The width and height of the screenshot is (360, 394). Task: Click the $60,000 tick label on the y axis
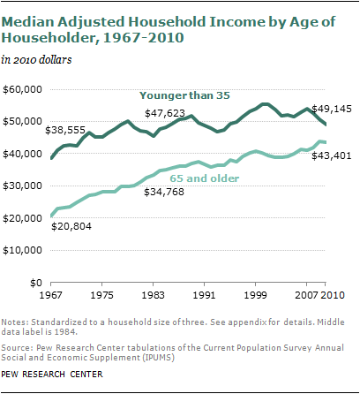point(22,89)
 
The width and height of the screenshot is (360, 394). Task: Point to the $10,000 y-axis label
point(22,250)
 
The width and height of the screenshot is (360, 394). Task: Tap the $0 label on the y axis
point(36,283)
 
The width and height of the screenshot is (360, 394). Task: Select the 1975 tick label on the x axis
point(101,295)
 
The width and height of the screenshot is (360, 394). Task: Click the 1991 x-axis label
point(204,295)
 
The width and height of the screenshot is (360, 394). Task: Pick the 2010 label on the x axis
point(333,295)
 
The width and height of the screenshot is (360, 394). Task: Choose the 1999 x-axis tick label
point(255,295)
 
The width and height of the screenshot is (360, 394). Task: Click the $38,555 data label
point(65,130)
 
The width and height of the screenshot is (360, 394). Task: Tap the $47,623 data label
point(165,113)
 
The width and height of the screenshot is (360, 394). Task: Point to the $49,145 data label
point(332,109)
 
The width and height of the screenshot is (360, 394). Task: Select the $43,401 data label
point(332,155)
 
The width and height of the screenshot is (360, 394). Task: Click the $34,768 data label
point(164,192)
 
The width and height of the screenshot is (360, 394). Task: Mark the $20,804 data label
point(71,226)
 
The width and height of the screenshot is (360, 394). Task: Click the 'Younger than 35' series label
point(184,95)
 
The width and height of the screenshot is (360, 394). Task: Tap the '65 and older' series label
point(205,178)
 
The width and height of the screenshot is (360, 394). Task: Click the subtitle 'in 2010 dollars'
point(36,60)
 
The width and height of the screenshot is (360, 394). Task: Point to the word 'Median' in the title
point(28,22)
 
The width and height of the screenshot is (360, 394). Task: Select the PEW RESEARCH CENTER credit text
point(52,375)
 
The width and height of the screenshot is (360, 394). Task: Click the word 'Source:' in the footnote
point(18,348)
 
